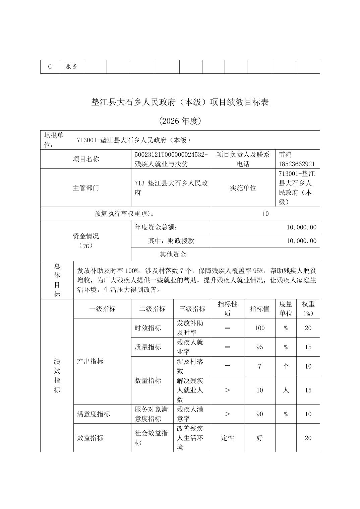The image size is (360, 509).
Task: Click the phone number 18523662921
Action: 297,164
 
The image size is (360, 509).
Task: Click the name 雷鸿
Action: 285,155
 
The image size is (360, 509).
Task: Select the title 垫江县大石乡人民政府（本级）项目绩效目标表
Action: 180,102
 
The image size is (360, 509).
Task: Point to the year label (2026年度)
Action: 180,121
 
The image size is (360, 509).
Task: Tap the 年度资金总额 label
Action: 156,227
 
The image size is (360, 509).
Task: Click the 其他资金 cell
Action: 173,254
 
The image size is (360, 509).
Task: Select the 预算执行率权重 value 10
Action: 265,214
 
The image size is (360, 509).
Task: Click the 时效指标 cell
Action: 148,328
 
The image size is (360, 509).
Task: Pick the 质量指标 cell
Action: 148,347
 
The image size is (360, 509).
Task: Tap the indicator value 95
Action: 259,347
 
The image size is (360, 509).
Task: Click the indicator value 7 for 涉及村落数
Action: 259,366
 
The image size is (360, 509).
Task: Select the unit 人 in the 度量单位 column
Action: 286,390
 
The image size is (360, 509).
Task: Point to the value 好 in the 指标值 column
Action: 259,438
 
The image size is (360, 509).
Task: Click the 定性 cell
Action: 227,438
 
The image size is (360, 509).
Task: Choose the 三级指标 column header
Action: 192,309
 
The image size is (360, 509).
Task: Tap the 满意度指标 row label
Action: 94,414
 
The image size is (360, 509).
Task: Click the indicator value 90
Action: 259,414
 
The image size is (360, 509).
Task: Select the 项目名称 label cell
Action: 86,159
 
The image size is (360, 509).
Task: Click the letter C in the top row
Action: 50,67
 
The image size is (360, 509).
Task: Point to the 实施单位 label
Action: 243,188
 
